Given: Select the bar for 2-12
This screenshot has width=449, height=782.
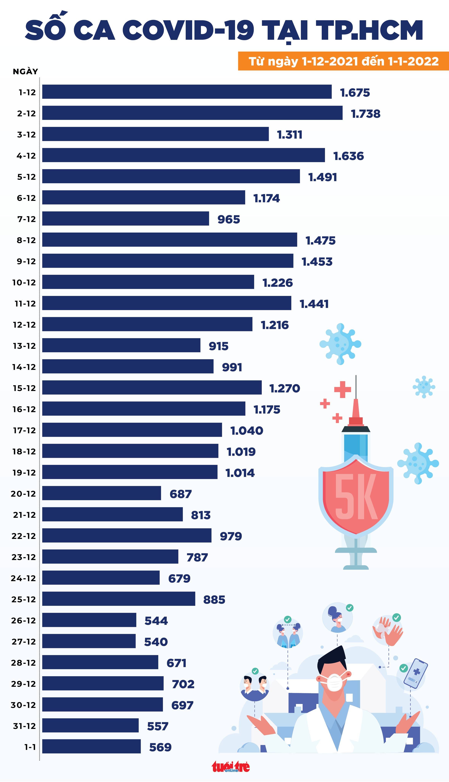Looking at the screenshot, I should (192, 113).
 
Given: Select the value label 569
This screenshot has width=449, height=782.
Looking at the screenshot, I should (160, 747).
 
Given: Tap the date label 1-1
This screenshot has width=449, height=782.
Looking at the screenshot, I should (30, 747).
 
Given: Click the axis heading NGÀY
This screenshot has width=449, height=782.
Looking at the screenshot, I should (25, 72).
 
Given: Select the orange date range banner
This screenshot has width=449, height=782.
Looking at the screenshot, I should (343, 61).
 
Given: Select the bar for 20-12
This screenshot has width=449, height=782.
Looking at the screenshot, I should (102, 493).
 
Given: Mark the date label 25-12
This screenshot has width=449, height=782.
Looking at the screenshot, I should (23, 599).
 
